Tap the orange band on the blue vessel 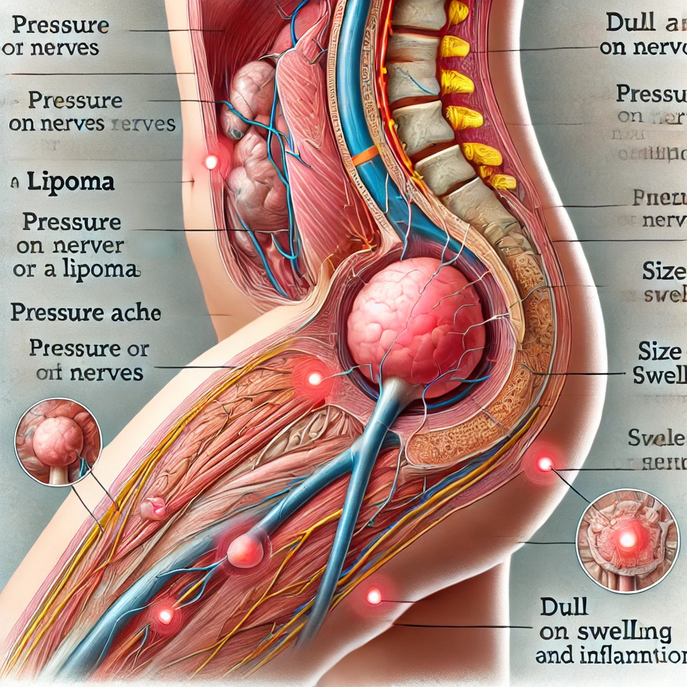[366, 157]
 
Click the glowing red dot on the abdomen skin [211, 161]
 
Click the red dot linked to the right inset [545, 463]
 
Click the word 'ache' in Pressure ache [134, 313]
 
